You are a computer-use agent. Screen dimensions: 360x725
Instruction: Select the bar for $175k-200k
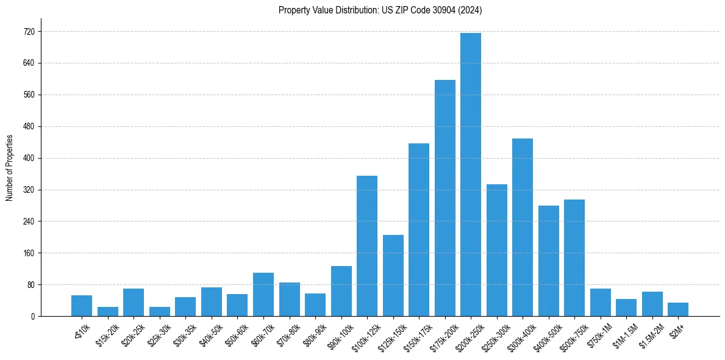[445, 198]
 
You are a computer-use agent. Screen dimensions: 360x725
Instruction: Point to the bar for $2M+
[678, 309]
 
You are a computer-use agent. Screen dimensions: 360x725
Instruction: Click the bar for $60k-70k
[263, 294]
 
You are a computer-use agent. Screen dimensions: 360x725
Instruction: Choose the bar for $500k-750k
[574, 257]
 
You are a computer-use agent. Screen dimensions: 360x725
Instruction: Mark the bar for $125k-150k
[393, 275]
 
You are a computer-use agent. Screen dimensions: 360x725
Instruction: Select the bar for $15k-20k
[108, 311]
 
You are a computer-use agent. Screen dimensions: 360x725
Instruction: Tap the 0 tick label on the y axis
[33, 316]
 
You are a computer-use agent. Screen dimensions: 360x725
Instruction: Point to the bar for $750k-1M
[600, 302]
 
